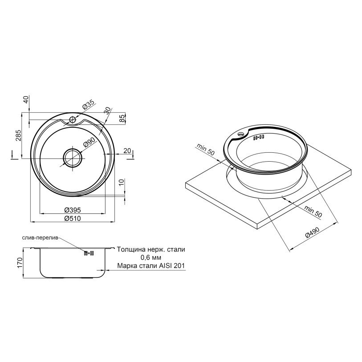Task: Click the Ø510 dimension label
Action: point(73,218)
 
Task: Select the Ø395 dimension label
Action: point(73,210)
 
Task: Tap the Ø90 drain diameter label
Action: point(89,142)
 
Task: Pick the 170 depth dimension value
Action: point(20,263)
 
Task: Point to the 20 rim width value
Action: point(127,151)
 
